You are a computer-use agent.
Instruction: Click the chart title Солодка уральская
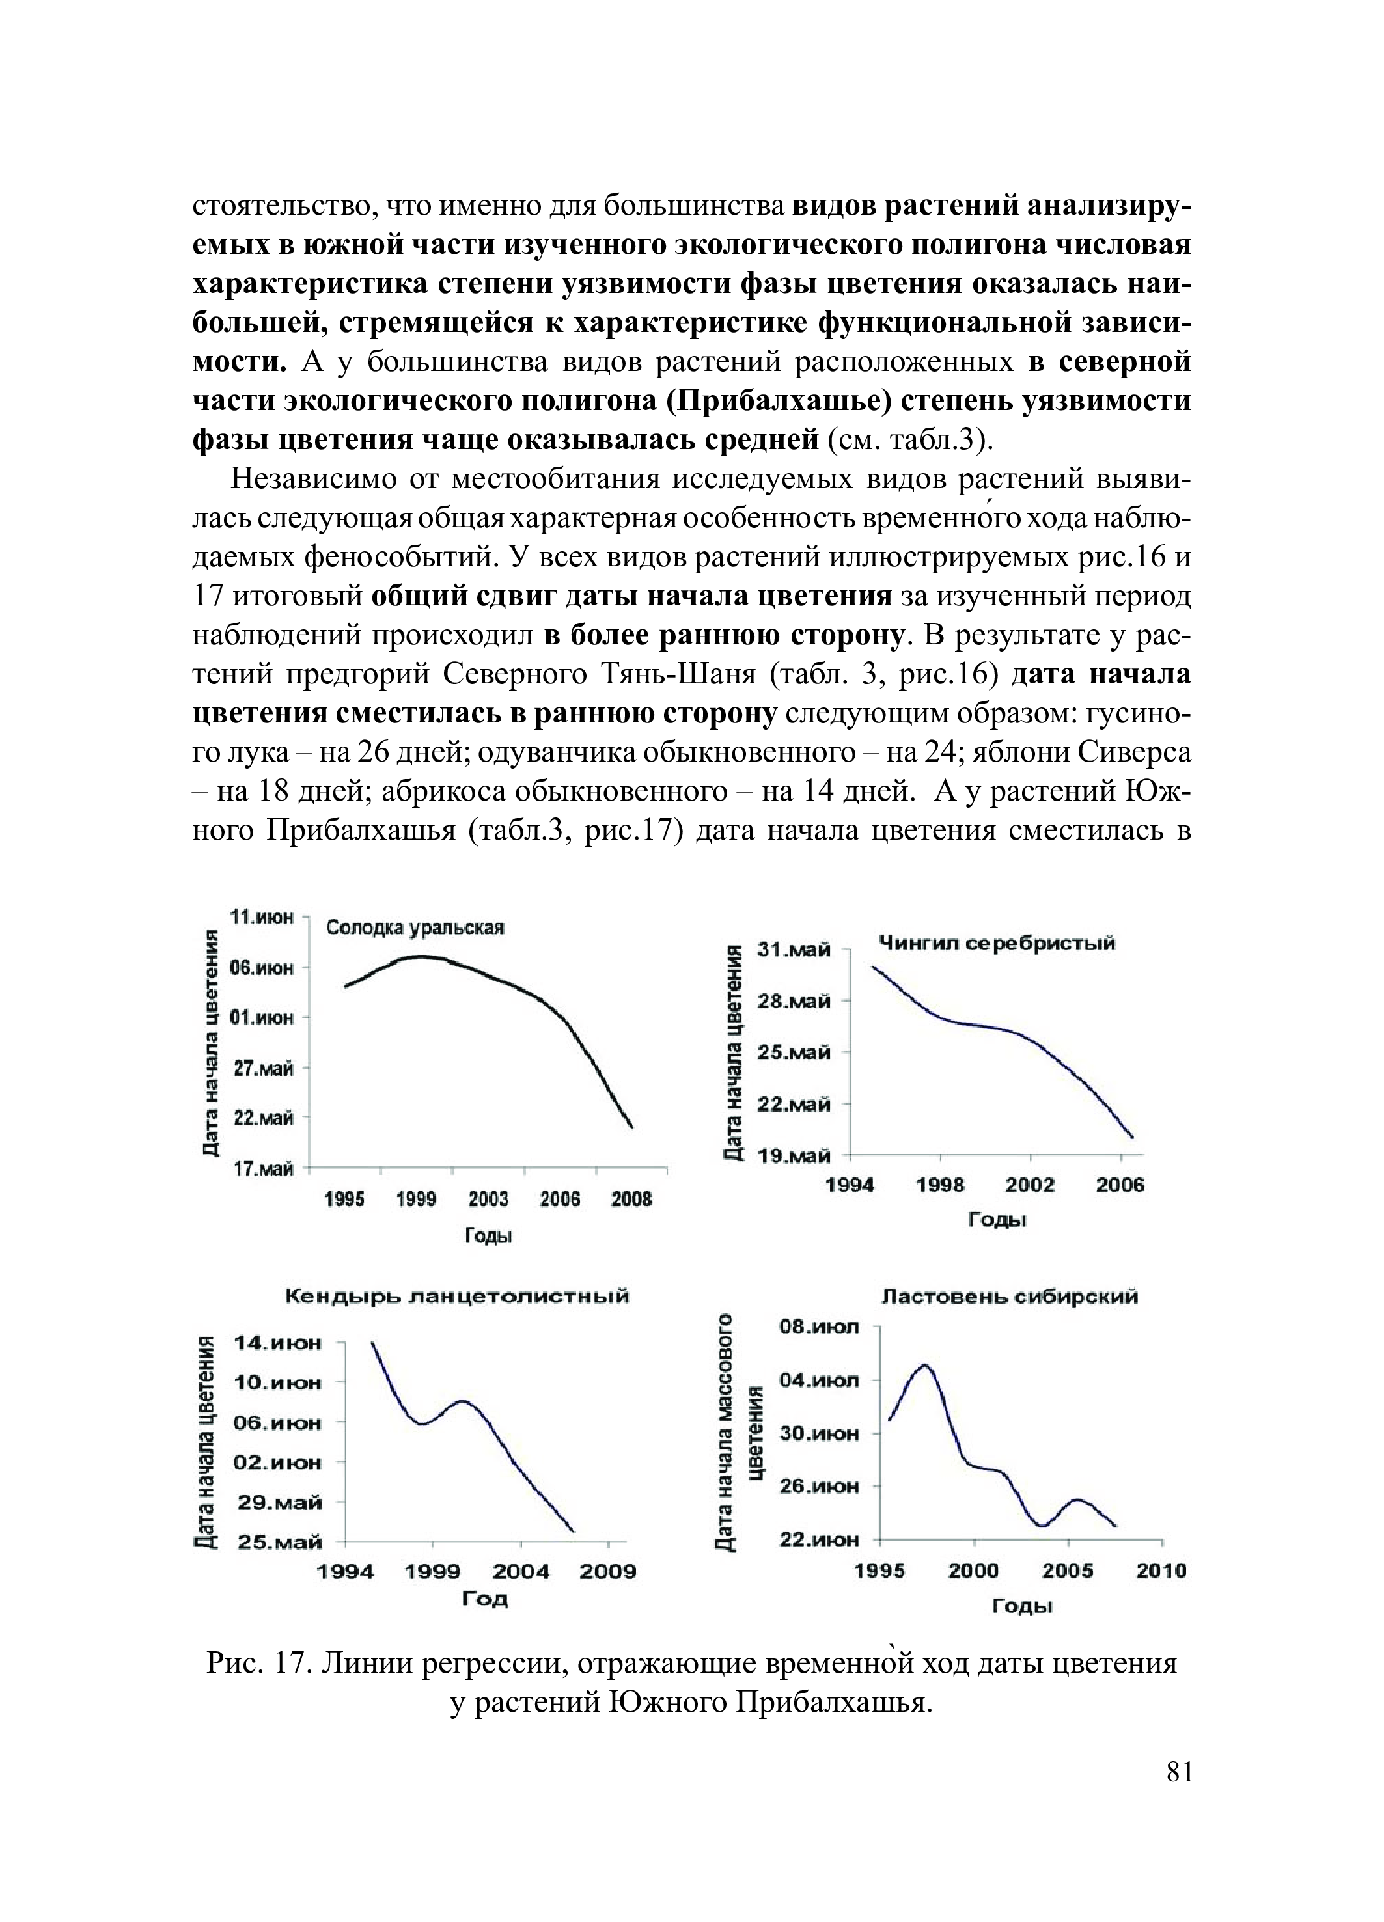pyautogui.click(x=415, y=927)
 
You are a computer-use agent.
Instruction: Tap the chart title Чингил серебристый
pyautogui.click(x=997, y=943)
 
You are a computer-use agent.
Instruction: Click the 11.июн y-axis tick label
pyautogui.click(x=262, y=917)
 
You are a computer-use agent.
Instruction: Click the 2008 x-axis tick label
pyautogui.click(x=631, y=1199)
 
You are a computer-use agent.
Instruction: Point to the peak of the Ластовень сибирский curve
pyautogui.click(x=924, y=1366)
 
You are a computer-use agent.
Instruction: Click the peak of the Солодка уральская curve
pyautogui.click(x=421, y=956)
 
